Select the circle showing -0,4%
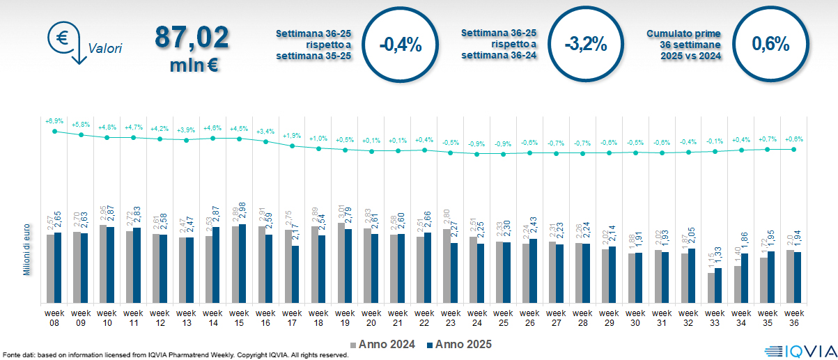pos(401,45)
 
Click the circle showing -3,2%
pos(586,45)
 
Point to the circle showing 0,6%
pos(770,45)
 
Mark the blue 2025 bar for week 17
pos(295,274)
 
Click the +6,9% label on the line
pos(54,121)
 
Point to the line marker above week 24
pos(477,154)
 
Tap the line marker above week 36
pos(794,149)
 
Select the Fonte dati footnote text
pos(176,355)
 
